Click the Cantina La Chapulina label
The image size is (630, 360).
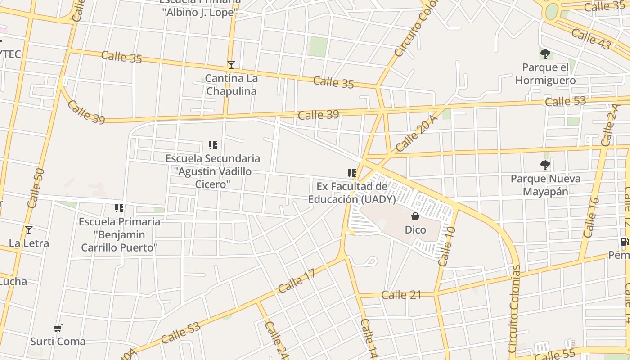(231, 85)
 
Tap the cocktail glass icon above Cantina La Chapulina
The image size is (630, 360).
(231, 65)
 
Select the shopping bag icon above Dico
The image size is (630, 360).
(415, 216)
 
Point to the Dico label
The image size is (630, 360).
(415, 230)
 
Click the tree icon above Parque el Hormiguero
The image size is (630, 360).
(545, 54)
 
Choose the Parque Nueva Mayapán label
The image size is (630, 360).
(545, 185)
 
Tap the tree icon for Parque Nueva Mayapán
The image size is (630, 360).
(545, 165)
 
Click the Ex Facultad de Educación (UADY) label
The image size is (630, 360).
(352, 193)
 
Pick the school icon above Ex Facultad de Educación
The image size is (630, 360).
(351, 173)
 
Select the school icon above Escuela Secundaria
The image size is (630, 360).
(213, 145)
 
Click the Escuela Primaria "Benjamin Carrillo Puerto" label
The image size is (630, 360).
(119, 234)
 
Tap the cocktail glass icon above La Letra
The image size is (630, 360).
(29, 230)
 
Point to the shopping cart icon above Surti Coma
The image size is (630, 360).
(58, 328)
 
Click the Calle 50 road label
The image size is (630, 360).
(36, 188)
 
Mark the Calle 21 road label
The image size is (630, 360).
(401, 295)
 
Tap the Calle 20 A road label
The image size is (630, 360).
(417, 133)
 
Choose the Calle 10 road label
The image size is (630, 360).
(446, 246)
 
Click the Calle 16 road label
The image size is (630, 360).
(591, 217)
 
